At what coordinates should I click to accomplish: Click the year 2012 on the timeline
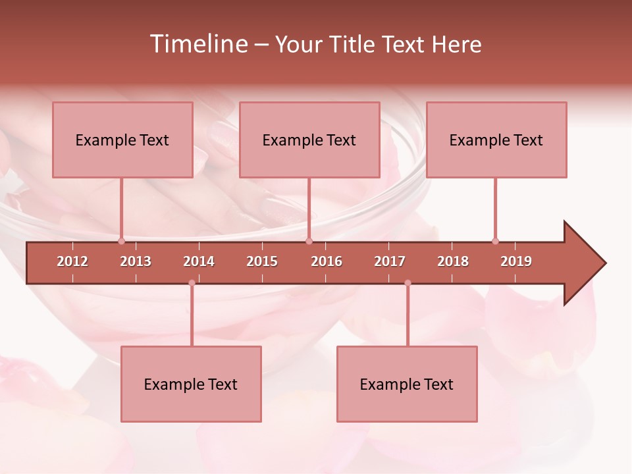pos(72,261)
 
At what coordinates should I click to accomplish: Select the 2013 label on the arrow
pos(136,261)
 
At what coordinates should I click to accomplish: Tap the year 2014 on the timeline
pos(199,261)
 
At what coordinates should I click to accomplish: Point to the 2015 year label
pos(262,261)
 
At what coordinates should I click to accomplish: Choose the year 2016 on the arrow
pos(327,261)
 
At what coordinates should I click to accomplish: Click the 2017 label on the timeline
pos(390,261)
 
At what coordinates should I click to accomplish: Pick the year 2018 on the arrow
pos(453,261)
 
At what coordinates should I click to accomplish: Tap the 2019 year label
pos(516,261)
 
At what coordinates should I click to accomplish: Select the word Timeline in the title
pos(197,44)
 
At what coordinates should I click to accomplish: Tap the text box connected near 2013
pos(122,140)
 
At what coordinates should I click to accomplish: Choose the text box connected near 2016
pos(309,140)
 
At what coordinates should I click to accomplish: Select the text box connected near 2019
pos(496,140)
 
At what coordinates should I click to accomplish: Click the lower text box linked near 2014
pos(191,384)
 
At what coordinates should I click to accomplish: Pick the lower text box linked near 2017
pos(407,384)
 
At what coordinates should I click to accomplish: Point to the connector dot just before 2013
pos(122,241)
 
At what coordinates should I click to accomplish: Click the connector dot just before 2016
pos(309,241)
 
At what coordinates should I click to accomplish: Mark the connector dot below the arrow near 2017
pos(408,283)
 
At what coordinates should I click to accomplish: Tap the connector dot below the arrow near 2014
pos(192,283)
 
